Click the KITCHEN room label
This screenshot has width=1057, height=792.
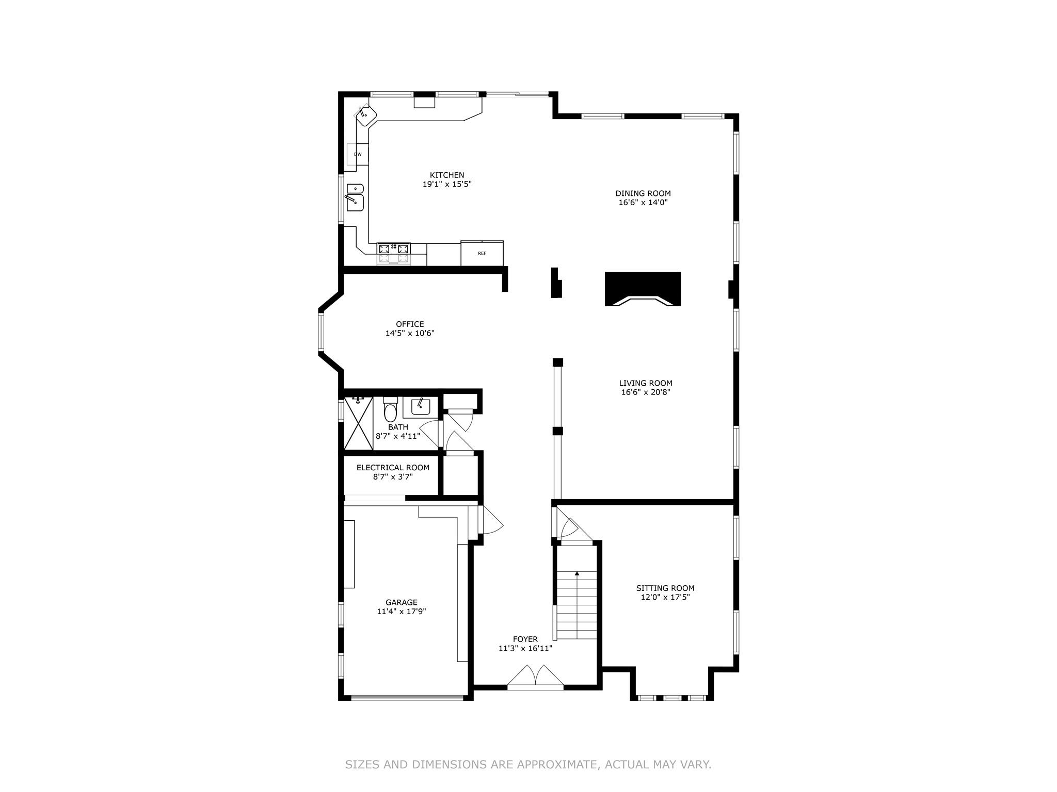point(447,175)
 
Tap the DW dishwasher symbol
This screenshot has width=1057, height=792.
point(358,154)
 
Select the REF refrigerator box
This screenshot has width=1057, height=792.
point(482,253)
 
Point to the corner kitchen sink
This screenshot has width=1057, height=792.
point(366,115)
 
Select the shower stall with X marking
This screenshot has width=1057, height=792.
point(358,423)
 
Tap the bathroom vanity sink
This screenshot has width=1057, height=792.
point(420,407)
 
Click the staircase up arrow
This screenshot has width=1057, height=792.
point(577,573)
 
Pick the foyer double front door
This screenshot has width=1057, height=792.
point(535,677)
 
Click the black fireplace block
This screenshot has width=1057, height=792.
point(643,288)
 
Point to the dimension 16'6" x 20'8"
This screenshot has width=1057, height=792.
point(646,392)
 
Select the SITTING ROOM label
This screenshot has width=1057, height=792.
point(665,588)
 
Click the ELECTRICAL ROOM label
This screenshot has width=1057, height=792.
point(393,468)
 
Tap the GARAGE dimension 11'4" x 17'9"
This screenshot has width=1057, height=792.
point(401,612)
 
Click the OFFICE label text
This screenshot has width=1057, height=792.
point(410,324)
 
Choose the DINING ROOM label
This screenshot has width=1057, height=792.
point(643,193)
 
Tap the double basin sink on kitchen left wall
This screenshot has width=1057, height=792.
point(355,197)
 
